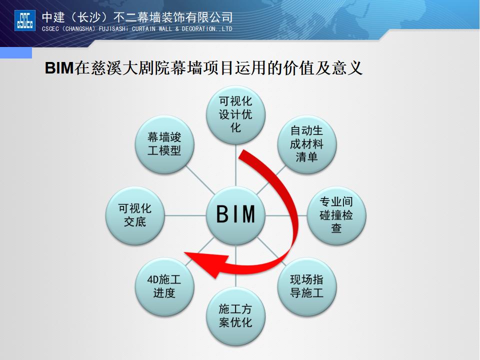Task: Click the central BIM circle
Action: (236, 215)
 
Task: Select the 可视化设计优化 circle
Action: (236, 115)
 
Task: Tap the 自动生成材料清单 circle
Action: (306, 144)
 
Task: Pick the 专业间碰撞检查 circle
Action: (336, 215)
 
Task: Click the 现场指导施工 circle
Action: (306, 285)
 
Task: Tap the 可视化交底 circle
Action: (134, 215)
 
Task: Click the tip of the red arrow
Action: (186, 256)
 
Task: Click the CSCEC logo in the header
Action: (25, 20)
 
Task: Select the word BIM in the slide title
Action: (59, 68)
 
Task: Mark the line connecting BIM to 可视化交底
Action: (185, 215)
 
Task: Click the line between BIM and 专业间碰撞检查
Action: (285, 215)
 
